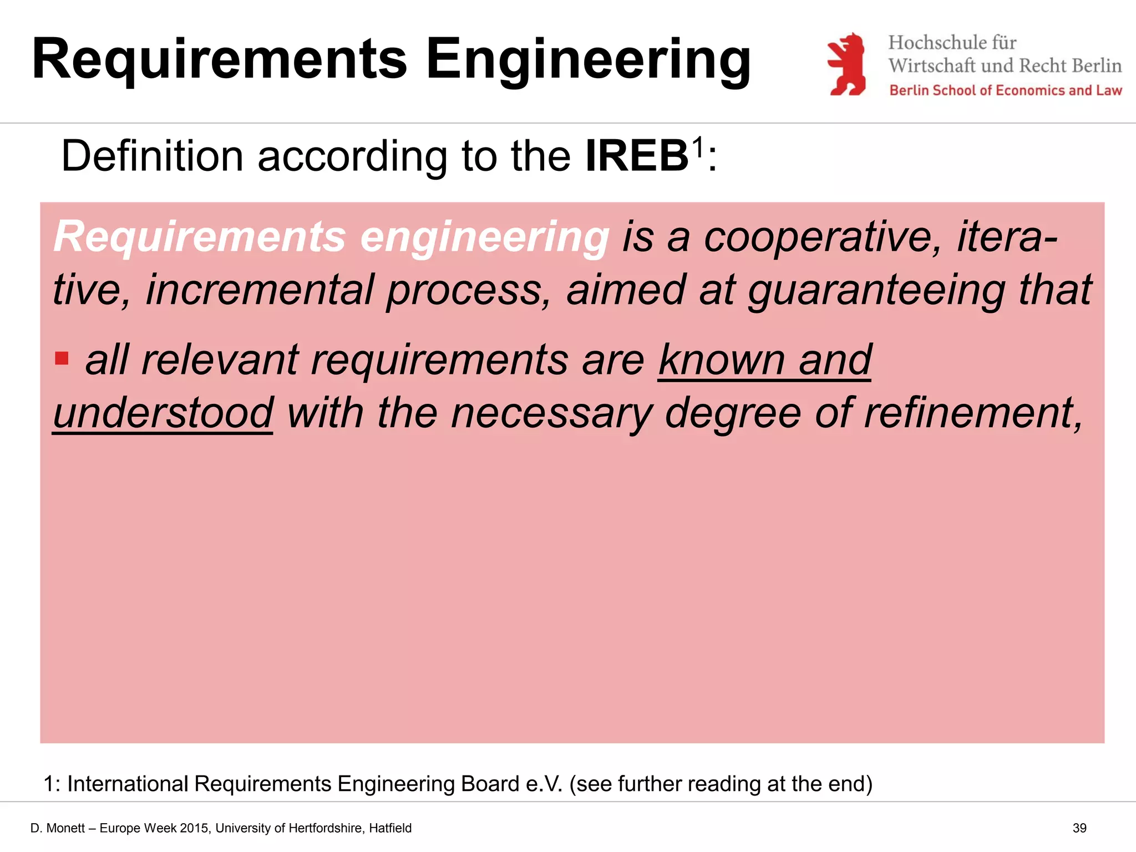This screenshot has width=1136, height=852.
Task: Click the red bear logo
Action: coord(846,64)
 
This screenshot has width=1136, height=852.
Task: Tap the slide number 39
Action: coord(1079,828)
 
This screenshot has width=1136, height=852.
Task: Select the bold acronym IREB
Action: coord(637,156)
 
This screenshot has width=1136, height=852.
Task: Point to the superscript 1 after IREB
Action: coord(697,146)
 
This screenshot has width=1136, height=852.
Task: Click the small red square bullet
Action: coord(62,358)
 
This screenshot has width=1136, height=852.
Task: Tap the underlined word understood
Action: coord(163,413)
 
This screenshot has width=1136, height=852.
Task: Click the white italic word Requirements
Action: coord(200,237)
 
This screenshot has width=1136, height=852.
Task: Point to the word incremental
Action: coord(260,290)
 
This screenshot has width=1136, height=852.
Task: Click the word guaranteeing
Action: coord(876,290)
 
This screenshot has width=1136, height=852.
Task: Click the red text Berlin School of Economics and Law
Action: coord(1005,90)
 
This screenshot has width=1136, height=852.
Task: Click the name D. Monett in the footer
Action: coord(58,828)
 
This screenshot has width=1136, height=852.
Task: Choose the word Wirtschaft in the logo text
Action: coord(932,65)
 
